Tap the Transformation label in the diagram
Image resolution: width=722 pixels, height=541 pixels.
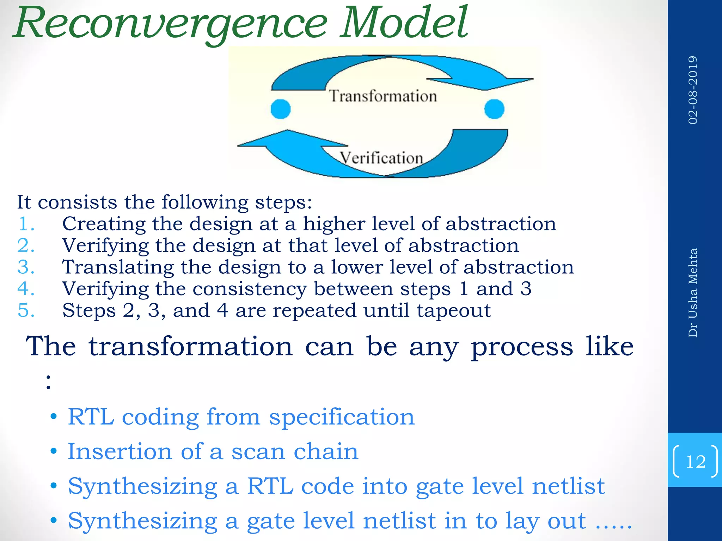tap(383, 96)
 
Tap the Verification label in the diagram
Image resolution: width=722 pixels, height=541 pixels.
tap(381, 157)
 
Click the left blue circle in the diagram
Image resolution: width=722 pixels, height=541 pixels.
tap(281, 109)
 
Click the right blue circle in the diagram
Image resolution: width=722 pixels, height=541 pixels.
tap(494, 109)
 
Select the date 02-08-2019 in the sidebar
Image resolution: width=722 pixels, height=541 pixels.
tap(693, 90)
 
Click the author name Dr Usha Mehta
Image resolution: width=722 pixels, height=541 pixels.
tap(693, 293)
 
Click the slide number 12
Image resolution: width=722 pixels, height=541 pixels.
tap(696, 461)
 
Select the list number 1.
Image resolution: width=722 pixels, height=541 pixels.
tap(26, 224)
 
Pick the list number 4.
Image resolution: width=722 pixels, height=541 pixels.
tap(26, 289)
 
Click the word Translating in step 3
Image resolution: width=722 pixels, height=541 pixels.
tap(118, 267)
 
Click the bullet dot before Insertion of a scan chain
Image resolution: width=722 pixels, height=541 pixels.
tap(54, 452)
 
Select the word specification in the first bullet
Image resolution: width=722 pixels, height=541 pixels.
tap(342, 417)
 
